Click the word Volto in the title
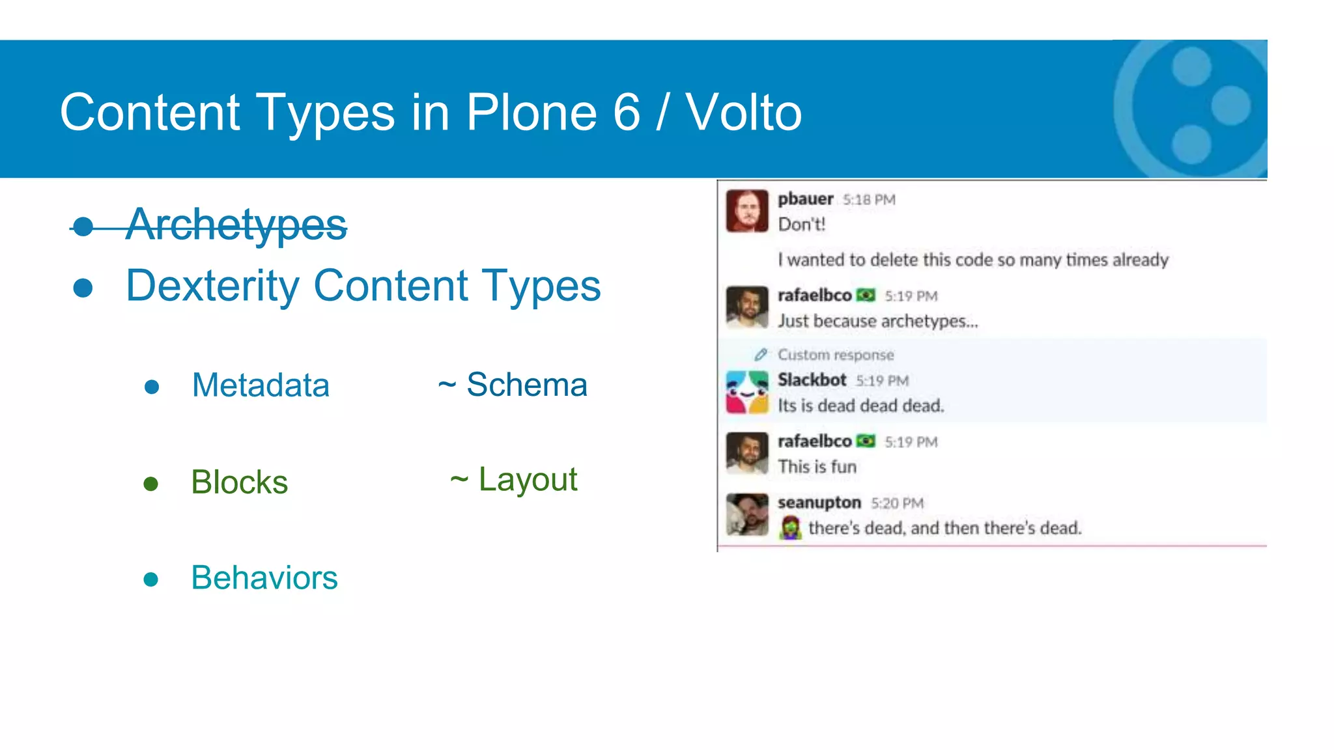pyautogui.click(x=743, y=112)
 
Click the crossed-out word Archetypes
pyautogui.click(x=236, y=225)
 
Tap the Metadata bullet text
pyautogui.click(x=261, y=385)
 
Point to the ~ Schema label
pyautogui.click(x=513, y=384)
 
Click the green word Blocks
pyautogui.click(x=239, y=482)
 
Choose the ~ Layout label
pyautogui.click(x=513, y=480)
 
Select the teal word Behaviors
pyautogui.click(x=264, y=577)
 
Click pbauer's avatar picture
pyautogui.click(x=747, y=211)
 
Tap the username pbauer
pyautogui.click(x=805, y=199)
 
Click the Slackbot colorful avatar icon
pyautogui.click(x=747, y=392)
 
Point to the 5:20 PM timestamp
pyautogui.click(x=897, y=503)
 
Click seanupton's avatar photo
pyautogui.click(x=747, y=514)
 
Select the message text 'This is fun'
pyautogui.click(x=817, y=467)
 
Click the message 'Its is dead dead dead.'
pyautogui.click(x=860, y=406)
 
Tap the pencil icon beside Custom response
pyautogui.click(x=760, y=355)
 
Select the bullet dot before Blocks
pyautogui.click(x=151, y=484)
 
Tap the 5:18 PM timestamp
pyautogui.click(x=869, y=200)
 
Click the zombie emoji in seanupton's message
pyautogui.click(x=790, y=527)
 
